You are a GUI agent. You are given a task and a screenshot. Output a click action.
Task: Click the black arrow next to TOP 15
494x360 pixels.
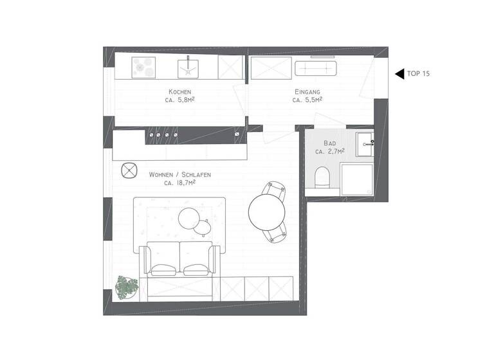coord(399,73)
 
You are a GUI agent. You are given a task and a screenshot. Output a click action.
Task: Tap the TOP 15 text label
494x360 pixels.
coord(418,73)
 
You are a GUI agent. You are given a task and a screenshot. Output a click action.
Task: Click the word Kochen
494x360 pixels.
coord(179,92)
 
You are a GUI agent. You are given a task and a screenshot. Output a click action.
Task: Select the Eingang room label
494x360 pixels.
coord(307,92)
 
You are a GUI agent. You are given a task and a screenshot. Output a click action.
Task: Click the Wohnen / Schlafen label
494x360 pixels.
coord(180,174)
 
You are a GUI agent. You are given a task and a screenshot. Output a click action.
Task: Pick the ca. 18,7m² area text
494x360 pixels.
coord(180,183)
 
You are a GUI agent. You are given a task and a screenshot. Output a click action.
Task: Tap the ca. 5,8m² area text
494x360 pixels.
coord(179,100)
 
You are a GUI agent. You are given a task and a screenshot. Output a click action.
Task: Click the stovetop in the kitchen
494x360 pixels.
coord(143,66)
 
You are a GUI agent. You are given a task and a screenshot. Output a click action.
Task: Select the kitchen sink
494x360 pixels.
coord(188,66)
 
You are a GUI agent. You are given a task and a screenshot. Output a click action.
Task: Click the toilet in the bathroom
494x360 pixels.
coord(322,177)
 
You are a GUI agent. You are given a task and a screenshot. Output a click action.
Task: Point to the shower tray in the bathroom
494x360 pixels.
coord(356,179)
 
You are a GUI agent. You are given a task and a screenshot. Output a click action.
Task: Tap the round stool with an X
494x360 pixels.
coord(129,170)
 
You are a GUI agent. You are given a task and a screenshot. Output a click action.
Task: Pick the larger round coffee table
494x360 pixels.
coord(189,217)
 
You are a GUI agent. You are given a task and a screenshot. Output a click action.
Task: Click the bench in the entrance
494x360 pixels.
coord(316,67)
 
